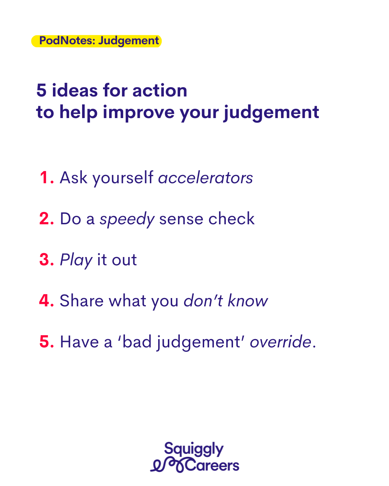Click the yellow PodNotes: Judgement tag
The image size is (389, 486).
(x=96, y=41)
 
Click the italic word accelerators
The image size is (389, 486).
(x=205, y=177)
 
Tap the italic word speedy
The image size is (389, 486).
(x=127, y=220)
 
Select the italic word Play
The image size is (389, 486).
(x=76, y=261)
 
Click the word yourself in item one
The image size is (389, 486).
(x=123, y=179)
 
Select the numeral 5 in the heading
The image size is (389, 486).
(x=41, y=90)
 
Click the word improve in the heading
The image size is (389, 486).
(x=139, y=113)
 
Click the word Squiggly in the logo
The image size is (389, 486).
(x=194, y=449)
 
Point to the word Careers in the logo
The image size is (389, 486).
(x=212, y=466)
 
